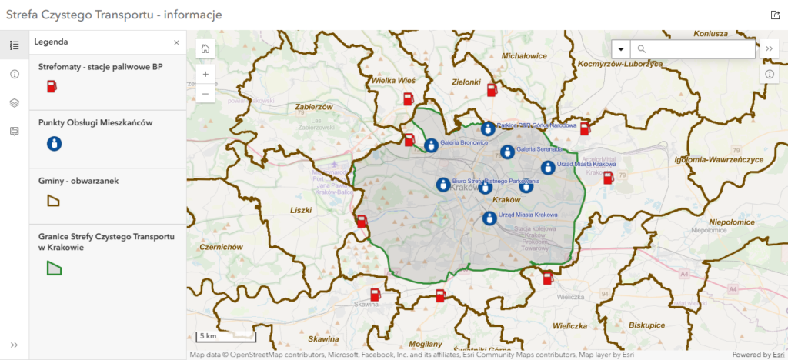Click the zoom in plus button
[x=205, y=75]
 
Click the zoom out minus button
[x=205, y=94]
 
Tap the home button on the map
[x=205, y=48]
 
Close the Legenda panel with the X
[x=176, y=42]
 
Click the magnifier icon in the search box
[x=642, y=49]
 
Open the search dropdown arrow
[x=620, y=49]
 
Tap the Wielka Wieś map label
[x=393, y=80]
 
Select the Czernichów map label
[x=221, y=247]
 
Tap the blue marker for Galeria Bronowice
[x=431, y=145]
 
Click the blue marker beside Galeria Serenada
[x=507, y=152]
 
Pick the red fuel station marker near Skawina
[x=375, y=294]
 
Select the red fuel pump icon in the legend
[x=52, y=86]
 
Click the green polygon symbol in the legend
[x=53, y=268]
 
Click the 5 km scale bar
[x=225, y=336]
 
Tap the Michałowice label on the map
[x=524, y=56]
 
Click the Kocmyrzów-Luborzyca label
[x=620, y=64]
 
